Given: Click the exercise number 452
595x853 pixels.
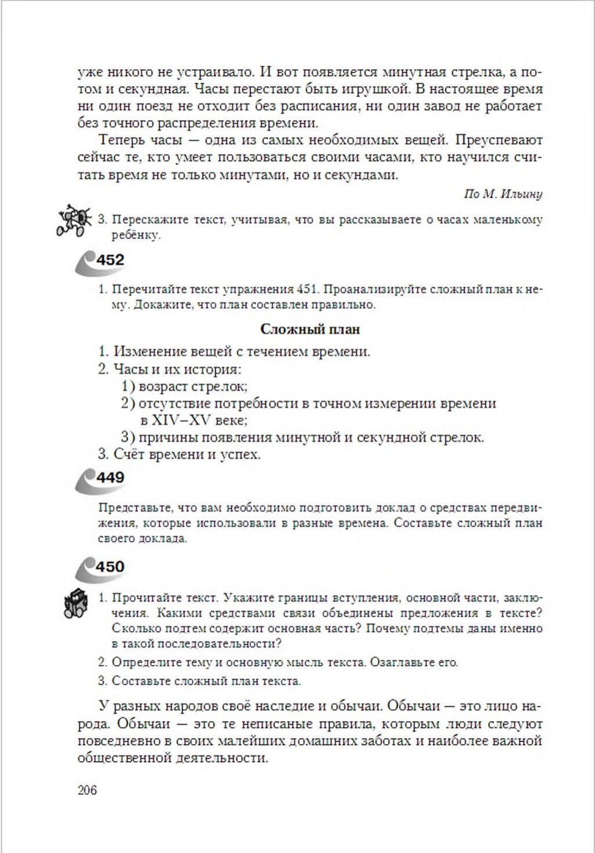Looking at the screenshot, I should tap(110, 260).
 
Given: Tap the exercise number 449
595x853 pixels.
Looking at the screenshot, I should tap(110, 477).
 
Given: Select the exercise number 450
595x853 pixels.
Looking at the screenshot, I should tap(110, 566).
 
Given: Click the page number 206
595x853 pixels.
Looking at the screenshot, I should tap(87, 790).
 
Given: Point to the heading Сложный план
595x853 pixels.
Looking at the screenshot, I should tap(310, 329).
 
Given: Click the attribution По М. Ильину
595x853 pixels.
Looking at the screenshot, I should tap(503, 194).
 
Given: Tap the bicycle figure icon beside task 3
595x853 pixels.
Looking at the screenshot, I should tap(73, 220).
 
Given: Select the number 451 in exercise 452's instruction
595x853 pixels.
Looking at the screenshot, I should tap(306, 289).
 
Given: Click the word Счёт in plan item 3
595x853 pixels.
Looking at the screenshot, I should tap(130, 454).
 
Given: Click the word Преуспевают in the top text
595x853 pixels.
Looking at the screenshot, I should tap(499, 140).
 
